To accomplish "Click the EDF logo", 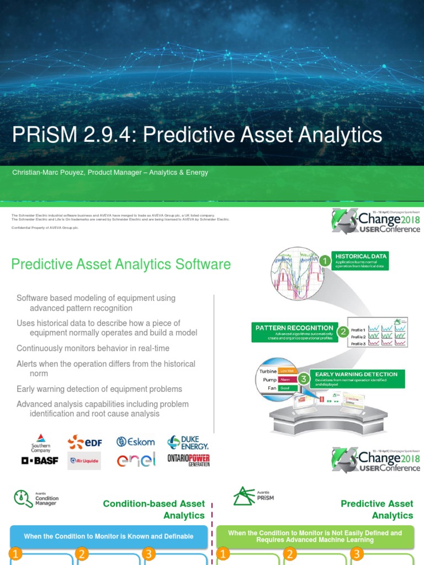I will pyautogui.click(x=84, y=442).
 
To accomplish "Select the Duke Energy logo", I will pyautogui.click(x=188, y=442).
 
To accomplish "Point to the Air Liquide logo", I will pyautogui.click(x=84, y=460).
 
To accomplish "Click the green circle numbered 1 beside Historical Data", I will pyautogui.click(x=325, y=260).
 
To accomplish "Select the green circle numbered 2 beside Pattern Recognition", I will pyautogui.click(x=343, y=332).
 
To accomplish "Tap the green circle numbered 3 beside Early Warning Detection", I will pyautogui.click(x=303, y=379).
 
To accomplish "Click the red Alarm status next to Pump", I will pyautogui.click(x=285, y=380).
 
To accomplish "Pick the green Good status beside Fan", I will pyautogui.click(x=285, y=388).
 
